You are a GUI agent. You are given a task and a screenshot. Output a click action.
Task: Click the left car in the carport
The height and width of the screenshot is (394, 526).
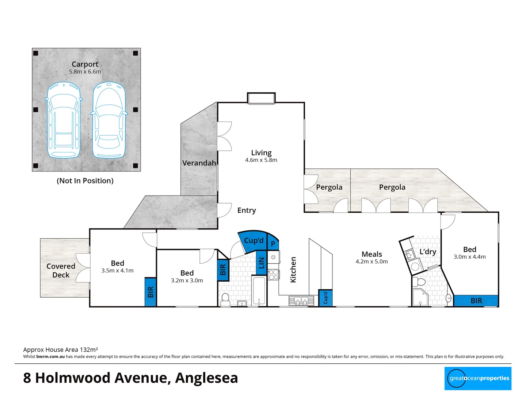click(x=64, y=120)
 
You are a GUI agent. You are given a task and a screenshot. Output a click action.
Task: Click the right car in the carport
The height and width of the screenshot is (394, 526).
click(x=108, y=120)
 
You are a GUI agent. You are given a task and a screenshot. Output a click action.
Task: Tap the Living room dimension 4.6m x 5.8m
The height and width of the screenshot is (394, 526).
click(x=261, y=160)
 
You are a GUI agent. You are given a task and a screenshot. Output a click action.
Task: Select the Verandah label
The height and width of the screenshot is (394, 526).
click(x=199, y=163)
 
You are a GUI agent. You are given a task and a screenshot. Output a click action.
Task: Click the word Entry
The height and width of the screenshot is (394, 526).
click(x=247, y=210)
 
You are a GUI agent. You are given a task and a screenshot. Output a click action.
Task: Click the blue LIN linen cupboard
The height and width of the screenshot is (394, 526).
click(x=261, y=262)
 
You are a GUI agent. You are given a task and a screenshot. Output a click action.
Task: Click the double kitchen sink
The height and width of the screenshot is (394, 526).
click(x=301, y=301)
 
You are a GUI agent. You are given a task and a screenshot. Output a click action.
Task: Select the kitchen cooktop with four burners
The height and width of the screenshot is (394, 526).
click(x=274, y=274)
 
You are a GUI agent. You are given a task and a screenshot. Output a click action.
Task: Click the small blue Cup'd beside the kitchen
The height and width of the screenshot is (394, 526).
click(x=325, y=298)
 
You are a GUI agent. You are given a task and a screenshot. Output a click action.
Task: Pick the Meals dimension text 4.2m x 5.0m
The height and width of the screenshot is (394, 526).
click(x=371, y=262)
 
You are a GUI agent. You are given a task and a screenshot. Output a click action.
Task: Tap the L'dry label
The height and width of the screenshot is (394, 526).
click(x=427, y=252)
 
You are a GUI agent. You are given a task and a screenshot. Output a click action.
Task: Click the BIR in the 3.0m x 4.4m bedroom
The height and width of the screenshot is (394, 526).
click(x=476, y=301)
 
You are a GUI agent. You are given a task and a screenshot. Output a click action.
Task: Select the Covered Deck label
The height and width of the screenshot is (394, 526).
click(x=61, y=271)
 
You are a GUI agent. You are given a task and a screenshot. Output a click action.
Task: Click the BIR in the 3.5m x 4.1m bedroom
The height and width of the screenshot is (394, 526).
click(x=150, y=292)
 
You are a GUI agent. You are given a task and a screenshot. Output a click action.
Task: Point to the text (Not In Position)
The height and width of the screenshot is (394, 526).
click(x=85, y=181)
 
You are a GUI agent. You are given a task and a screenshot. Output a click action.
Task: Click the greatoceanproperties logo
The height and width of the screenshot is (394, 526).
click(x=479, y=378)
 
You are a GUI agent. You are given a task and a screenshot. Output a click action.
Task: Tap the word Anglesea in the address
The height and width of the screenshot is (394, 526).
click(x=206, y=378)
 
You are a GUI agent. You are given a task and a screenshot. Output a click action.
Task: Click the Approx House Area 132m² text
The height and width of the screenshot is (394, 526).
click(x=60, y=349)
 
